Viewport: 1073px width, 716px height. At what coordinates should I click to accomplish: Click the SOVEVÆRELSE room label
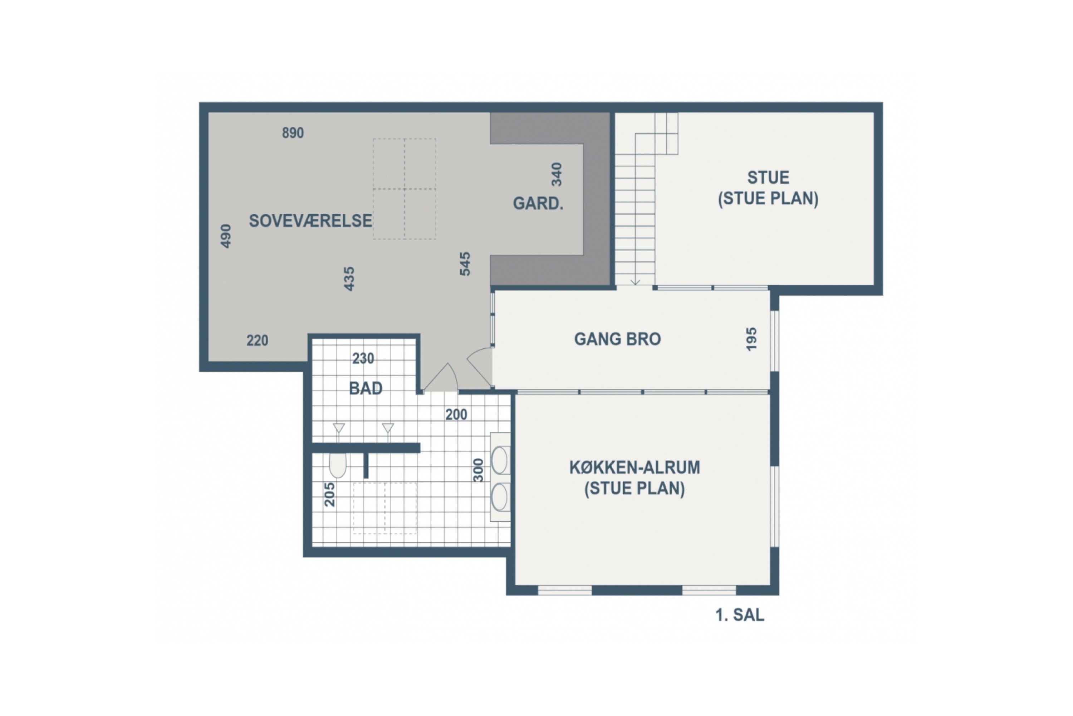(x=310, y=221)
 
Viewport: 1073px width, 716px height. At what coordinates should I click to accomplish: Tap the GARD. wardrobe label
(x=538, y=203)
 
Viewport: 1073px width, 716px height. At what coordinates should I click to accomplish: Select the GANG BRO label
(x=617, y=339)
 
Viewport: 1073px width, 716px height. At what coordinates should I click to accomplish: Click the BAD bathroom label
(x=366, y=388)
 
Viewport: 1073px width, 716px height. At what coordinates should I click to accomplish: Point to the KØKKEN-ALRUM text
(x=635, y=467)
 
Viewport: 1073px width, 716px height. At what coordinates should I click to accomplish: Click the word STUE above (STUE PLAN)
(x=768, y=177)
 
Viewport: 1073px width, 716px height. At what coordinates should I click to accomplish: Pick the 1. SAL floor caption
(x=740, y=615)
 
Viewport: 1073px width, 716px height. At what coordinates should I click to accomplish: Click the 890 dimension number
(x=293, y=133)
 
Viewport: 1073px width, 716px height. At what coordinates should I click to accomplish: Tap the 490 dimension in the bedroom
(x=226, y=236)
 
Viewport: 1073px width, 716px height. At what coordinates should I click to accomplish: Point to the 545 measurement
(x=465, y=264)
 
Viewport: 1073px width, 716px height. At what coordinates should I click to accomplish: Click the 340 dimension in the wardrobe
(x=557, y=174)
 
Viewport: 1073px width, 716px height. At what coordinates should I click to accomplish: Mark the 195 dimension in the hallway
(x=751, y=339)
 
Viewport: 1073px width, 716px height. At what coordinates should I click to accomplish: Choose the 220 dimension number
(x=257, y=340)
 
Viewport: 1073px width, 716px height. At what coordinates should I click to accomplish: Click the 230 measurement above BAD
(x=363, y=358)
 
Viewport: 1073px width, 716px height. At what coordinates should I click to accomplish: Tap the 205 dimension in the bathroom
(x=329, y=494)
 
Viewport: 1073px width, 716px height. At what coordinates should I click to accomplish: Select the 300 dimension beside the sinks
(x=478, y=470)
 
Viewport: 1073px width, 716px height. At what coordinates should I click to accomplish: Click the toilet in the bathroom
(x=338, y=465)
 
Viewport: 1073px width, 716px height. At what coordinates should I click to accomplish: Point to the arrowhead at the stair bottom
(x=635, y=282)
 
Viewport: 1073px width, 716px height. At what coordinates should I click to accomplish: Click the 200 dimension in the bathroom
(x=456, y=415)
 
